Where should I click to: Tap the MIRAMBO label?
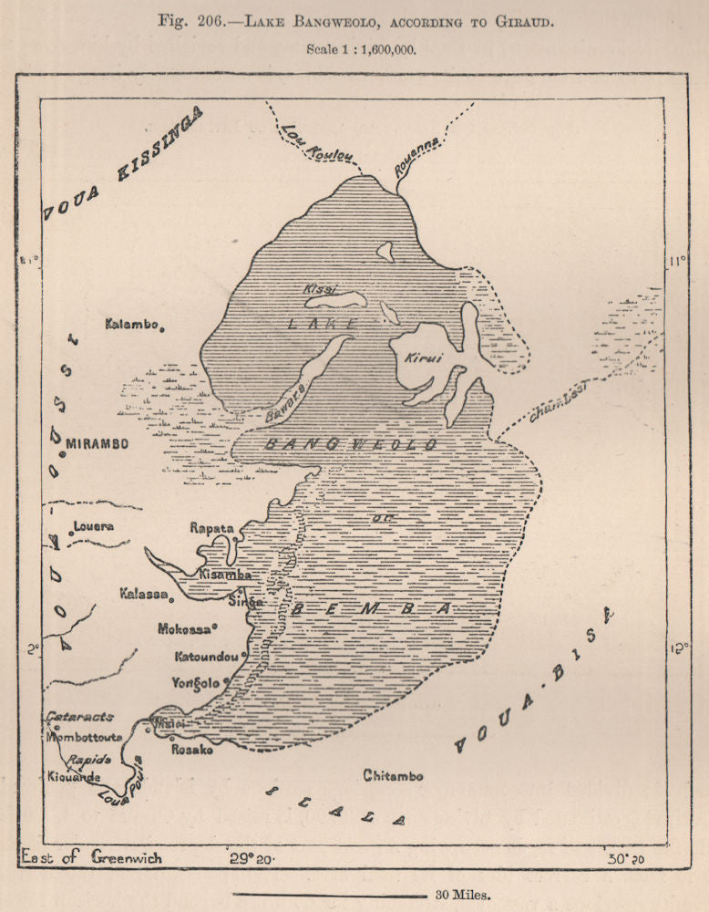coord(96,444)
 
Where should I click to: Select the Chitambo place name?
coord(393,775)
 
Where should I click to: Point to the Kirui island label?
coord(424,358)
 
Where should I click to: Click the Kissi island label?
coord(318,290)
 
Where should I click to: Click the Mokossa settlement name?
coord(186,628)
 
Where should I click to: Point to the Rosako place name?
coord(192,750)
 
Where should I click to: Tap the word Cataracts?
coord(80,717)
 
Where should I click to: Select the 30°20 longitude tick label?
coord(627,857)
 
